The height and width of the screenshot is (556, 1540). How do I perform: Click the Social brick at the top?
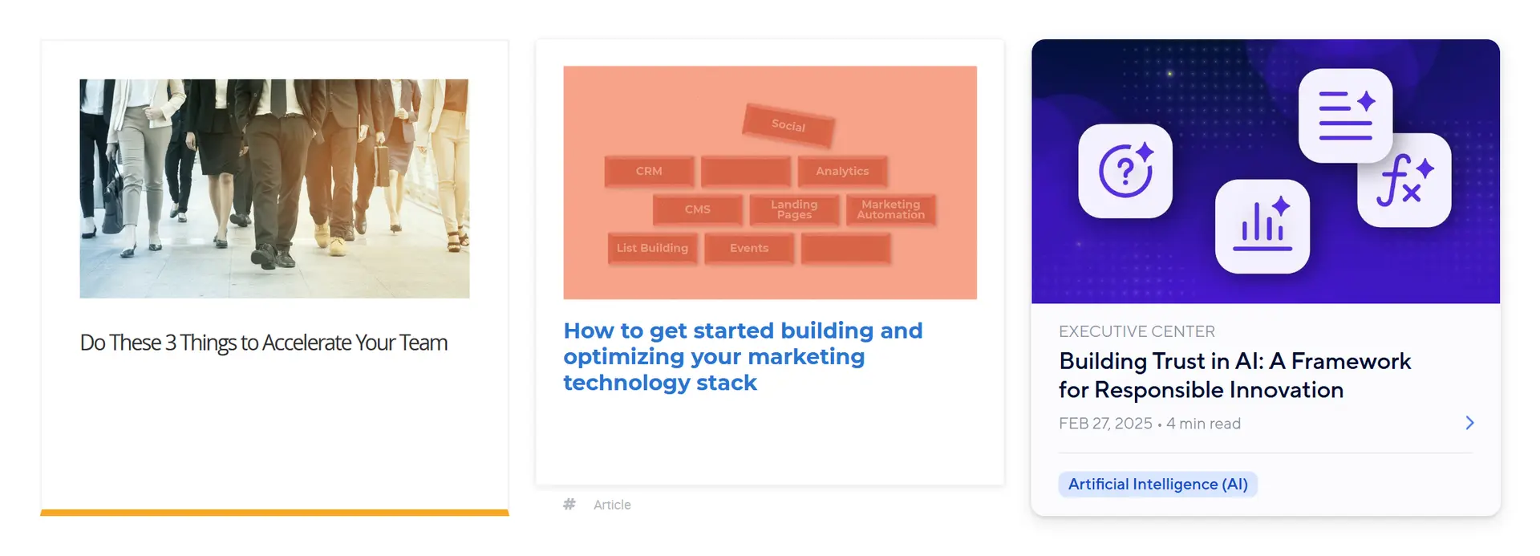(x=788, y=125)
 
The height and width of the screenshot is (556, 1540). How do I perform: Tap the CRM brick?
(x=649, y=171)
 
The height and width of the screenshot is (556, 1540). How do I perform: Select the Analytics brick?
(x=842, y=171)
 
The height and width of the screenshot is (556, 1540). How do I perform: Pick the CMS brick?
(x=697, y=209)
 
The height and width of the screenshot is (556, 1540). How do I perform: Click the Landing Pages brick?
(x=794, y=209)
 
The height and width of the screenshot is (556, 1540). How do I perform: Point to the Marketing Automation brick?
(x=890, y=209)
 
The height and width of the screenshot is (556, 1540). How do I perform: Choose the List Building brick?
(x=652, y=248)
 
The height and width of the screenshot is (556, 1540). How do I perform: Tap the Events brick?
(x=749, y=248)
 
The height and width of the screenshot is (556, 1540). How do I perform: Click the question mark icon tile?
(x=1125, y=171)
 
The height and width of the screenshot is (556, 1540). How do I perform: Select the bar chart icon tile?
(x=1262, y=226)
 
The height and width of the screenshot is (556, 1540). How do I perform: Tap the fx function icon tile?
(x=1404, y=181)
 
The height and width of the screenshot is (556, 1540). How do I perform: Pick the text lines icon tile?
(x=1345, y=116)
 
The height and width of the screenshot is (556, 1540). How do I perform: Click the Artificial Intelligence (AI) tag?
(x=1157, y=485)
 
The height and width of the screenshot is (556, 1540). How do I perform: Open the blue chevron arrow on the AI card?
(x=1469, y=423)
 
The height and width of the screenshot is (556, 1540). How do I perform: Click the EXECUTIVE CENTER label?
(x=1137, y=331)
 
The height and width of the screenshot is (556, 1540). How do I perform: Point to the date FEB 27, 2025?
(x=1105, y=424)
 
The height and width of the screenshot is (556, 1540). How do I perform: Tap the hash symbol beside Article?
(x=569, y=505)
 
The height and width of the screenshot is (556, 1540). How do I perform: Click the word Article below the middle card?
(x=612, y=505)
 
